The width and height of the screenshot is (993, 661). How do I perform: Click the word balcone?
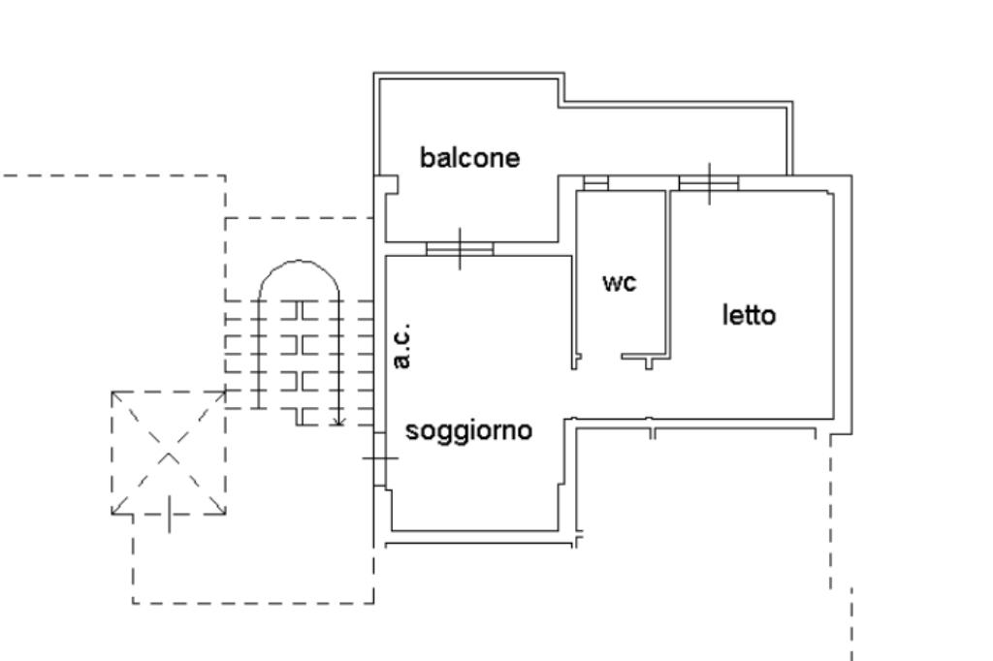(469, 157)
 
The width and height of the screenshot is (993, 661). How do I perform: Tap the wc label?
(619, 282)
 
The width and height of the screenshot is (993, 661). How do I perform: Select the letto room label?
(749, 315)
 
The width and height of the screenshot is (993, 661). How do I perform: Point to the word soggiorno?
(468, 429)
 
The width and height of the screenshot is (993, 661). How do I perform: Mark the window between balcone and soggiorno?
(460, 249)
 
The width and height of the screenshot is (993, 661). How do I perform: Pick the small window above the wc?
(595, 182)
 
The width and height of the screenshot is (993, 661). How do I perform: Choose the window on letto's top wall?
(709, 182)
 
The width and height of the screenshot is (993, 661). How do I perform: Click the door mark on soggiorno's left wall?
(379, 457)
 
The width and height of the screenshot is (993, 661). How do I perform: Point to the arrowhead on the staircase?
(336, 421)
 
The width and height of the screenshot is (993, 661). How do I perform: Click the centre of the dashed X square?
(169, 453)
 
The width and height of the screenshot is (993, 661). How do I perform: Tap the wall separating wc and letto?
(668, 271)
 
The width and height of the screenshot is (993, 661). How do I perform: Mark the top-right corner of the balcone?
(791, 104)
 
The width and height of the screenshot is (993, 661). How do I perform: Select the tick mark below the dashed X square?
(171, 515)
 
